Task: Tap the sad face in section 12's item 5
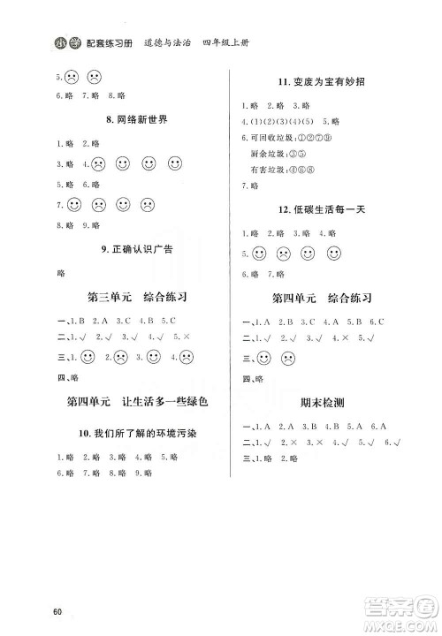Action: click(x=284, y=254)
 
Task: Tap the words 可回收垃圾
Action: click(x=269, y=139)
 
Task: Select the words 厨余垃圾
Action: click(x=269, y=154)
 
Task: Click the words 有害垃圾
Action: click(x=269, y=170)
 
